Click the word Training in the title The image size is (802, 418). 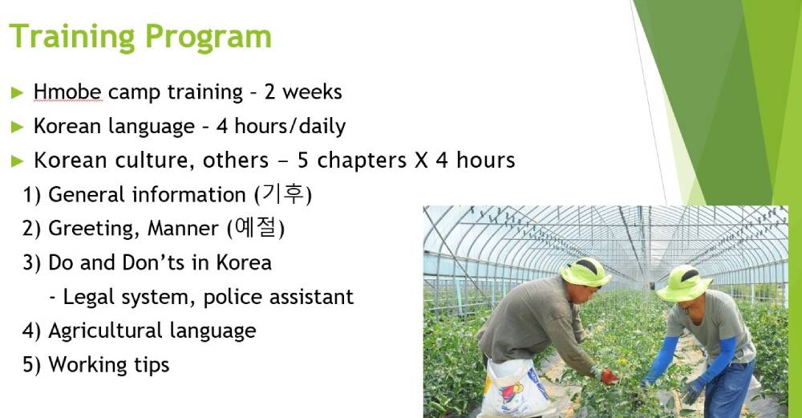coord(72,38)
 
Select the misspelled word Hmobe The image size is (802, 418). coord(67,92)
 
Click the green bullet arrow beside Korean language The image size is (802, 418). coord(18,127)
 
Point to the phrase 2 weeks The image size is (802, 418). coord(303,92)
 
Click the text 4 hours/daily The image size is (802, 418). coord(281,127)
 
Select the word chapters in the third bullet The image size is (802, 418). coord(363,160)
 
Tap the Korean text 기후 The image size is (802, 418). coord(284,194)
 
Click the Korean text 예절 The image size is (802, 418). coord(257,228)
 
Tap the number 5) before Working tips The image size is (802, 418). coord(32,365)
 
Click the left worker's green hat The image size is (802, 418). coord(585,272)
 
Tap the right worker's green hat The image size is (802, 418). coord(684,284)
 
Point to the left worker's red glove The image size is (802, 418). coord(609,376)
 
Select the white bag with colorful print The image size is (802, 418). coord(513,388)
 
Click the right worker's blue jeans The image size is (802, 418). coord(730,390)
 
